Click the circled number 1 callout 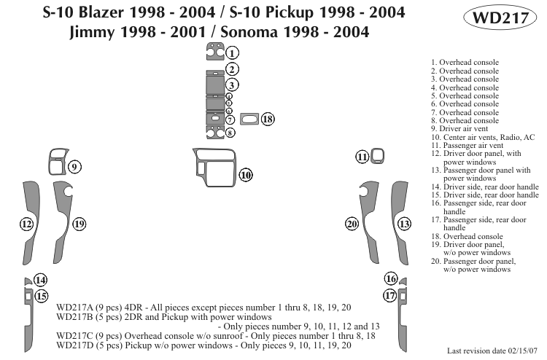[x=232, y=52]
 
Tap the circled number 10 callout [x=246, y=174]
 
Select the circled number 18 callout [x=268, y=119]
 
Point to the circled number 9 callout [x=74, y=168]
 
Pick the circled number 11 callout [x=362, y=157]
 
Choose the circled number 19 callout [x=79, y=223]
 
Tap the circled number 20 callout [x=352, y=224]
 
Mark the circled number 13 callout [x=404, y=224]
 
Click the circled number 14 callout [x=41, y=281]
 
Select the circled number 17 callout [x=391, y=295]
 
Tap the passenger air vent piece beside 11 [x=377, y=154]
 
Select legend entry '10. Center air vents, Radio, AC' [x=483, y=137]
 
